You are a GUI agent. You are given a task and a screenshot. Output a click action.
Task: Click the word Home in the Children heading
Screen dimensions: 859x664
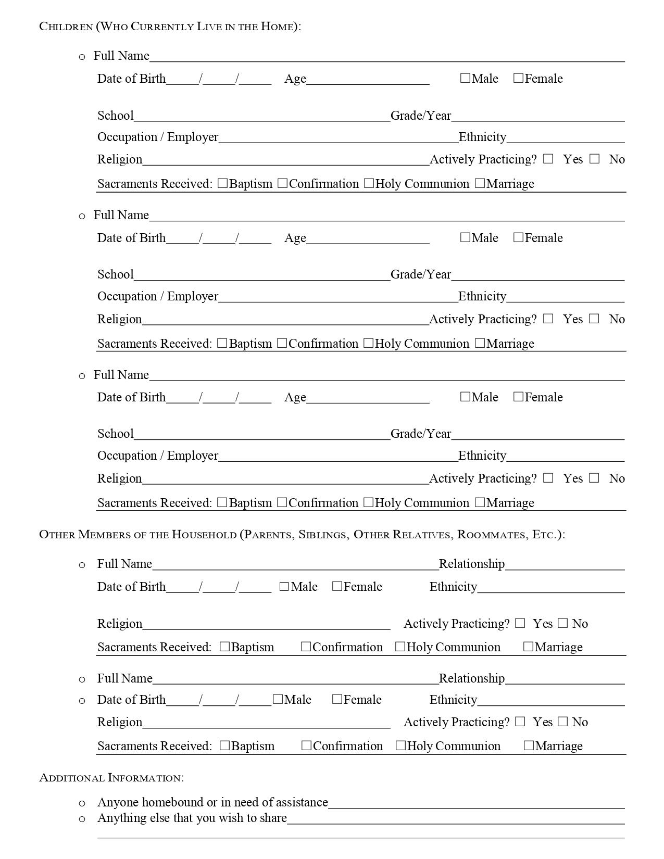[x=278, y=27]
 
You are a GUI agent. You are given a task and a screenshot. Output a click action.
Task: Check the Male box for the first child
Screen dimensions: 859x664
[x=465, y=79]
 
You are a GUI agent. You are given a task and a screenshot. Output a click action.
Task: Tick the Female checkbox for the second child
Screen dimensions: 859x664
[x=518, y=238]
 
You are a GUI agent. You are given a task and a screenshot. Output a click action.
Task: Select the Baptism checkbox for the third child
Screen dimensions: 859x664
[x=222, y=503]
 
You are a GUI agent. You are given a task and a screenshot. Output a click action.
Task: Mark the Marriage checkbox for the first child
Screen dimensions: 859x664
[x=480, y=183]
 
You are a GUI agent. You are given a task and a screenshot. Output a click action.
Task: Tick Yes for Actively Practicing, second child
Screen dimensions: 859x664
[x=548, y=319]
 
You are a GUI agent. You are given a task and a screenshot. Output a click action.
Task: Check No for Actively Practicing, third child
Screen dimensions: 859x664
[x=594, y=478]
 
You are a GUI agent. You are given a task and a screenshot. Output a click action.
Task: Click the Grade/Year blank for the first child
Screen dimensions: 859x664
[x=537, y=116]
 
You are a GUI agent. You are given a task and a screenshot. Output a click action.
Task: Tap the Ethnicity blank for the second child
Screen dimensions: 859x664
[x=565, y=297]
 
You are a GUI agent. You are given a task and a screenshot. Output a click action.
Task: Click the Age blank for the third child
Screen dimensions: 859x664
[x=367, y=398]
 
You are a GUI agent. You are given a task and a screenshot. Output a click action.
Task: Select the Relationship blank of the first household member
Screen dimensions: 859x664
[x=565, y=564]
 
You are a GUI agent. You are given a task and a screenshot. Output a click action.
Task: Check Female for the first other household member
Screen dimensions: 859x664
[x=337, y=587]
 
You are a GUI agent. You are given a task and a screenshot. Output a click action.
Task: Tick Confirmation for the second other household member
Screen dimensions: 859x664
[x=306, y=746]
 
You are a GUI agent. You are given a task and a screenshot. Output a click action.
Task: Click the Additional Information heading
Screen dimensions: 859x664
[x=111, y=778]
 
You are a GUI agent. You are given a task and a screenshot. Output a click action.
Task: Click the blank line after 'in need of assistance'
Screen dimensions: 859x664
[x=476, y=803]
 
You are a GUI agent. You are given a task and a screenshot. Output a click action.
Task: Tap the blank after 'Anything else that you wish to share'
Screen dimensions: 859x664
[x=456, y=818]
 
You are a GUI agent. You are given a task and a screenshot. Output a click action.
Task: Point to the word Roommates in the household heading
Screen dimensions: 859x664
[x=492, y=535]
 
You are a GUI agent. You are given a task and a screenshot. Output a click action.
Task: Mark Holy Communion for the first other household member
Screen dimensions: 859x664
[x=400, y=647]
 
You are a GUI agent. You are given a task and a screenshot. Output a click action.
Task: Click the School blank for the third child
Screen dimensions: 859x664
[x=261, y=434]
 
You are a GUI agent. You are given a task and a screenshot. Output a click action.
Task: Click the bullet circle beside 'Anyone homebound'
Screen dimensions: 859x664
[x=82, y=803]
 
